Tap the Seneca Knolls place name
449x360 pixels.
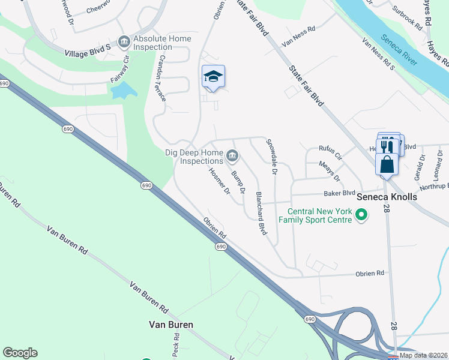click(387, 196)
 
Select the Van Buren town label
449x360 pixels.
click(171, 325)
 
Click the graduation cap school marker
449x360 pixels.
click(213, 77)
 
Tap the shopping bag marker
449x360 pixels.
click(387, 164)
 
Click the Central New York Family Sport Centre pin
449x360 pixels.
click(361, 214)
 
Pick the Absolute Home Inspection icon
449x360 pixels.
click(124, 41)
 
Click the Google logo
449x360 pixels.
click(20, 353)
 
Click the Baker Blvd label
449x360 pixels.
click(340, 193)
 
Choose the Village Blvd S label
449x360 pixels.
click(88, 53)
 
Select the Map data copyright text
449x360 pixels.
click(423, 355)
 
